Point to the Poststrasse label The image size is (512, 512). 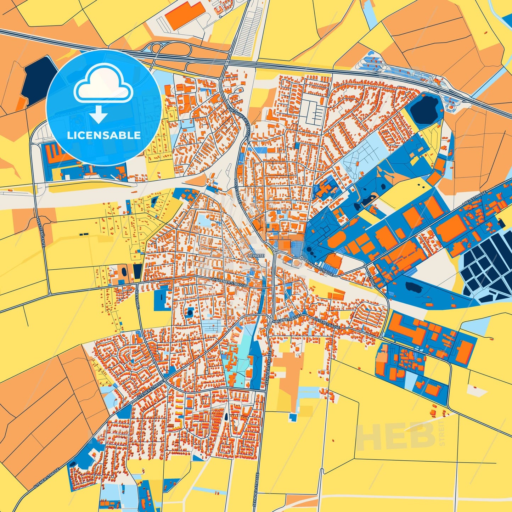(x=237, y=190)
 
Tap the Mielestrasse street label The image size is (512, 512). (x=476, y=198)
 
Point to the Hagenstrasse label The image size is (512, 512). (x=287, y=318)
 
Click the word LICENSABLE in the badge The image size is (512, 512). (x=104, y=135)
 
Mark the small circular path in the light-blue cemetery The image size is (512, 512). (x=349, y=170)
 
